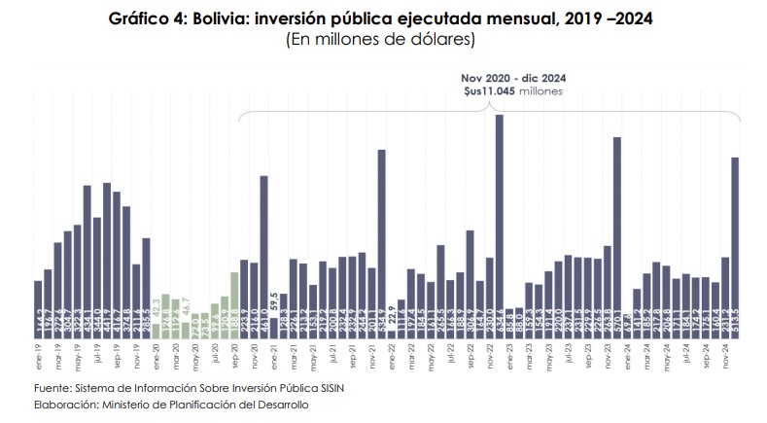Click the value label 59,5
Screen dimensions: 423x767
point(274,300)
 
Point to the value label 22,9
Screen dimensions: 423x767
point(392,315)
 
